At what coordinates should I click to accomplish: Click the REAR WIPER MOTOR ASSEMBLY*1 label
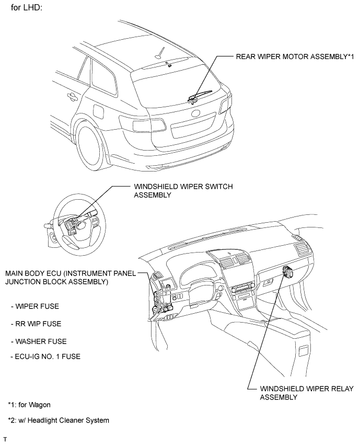(295, 56)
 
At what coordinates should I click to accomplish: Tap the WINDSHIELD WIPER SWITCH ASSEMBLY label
(183, 191)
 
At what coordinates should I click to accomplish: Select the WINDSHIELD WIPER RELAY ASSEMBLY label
(307, 393)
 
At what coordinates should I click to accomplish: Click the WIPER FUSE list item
(35, 306)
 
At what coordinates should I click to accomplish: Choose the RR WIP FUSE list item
(36, 324)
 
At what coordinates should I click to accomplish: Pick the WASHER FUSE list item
(39, 341)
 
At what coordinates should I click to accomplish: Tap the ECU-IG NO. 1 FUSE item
(45, 357)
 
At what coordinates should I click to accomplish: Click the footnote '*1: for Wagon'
(29, 405)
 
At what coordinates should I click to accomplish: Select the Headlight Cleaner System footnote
(59, 420)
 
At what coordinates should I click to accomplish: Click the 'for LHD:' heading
(27, 7)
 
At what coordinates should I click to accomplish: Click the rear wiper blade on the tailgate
(200, 95)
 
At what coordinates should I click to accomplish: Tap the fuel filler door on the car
(98, 112)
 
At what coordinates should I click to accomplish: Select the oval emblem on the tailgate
(196, 113)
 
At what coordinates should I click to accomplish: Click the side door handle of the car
(72, 97)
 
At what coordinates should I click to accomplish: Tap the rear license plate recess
(193, 125)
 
